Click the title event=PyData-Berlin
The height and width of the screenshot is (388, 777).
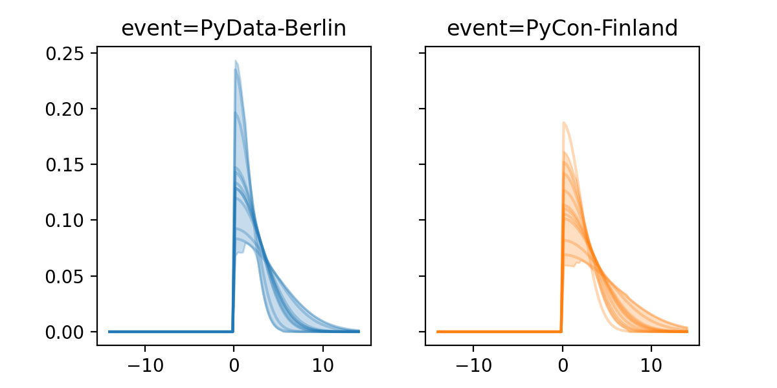(234, 28)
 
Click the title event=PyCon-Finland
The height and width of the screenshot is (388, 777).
(562, 28)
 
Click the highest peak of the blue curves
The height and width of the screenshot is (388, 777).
(236, 61)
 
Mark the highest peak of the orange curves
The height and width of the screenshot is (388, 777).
(564, 122)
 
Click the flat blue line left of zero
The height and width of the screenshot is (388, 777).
(168, 331)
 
